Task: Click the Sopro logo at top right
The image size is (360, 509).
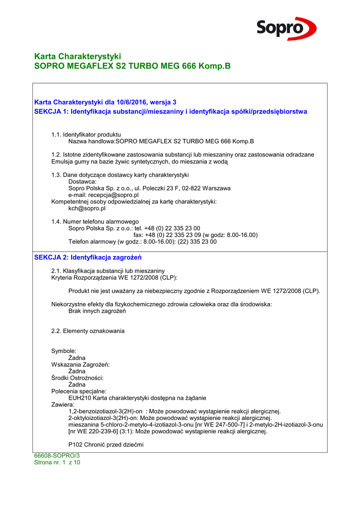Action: point(286,28)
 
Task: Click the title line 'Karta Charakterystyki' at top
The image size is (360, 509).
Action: point(78,56)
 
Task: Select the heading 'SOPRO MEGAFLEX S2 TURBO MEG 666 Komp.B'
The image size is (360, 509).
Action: point(132,66)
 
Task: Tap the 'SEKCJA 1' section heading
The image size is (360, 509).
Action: point(171,111)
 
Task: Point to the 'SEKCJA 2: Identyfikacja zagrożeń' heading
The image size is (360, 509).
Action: point(88,257)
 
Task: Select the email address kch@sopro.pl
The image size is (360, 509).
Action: point(87,209)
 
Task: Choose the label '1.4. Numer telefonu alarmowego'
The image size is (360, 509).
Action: point(95,222)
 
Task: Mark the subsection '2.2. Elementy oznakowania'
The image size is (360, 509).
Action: point(88,331)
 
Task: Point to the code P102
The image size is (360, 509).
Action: point(76,445)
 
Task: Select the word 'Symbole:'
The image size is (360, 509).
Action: point(64,351)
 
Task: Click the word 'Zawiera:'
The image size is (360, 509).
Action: point(63,405)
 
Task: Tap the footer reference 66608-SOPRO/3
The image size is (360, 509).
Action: point(57,456)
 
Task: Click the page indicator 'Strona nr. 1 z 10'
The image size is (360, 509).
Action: point(57,462)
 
